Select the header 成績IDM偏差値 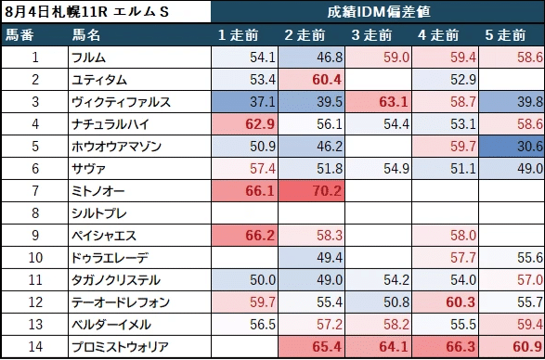pyautogui.click(x=377, y=13)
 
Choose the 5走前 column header pyautogui.click(x=511, y=35)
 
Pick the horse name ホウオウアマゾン pyautogui.click(x=115, y=147)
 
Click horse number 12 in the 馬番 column pyautogui.click(x=34, y=302)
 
